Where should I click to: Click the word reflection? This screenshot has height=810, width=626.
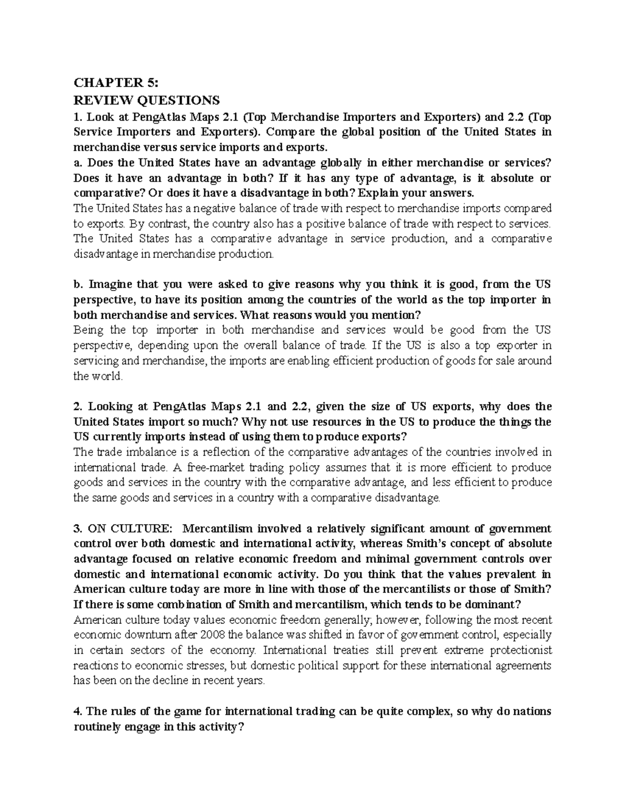231,452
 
